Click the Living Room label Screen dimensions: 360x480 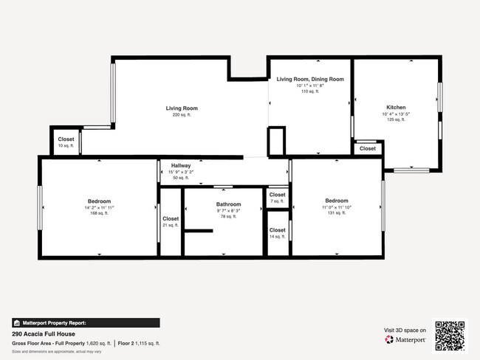point(181,108)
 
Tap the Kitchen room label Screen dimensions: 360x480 point(395,107)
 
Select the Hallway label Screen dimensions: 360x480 point(181,166)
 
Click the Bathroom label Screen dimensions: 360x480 point(228,204)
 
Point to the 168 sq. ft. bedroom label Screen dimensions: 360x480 point(99,202)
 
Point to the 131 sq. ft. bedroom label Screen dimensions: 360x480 point(336,201)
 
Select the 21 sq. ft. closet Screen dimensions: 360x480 point(171,219)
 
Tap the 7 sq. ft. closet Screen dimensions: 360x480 point(277,195)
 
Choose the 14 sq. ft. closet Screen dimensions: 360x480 point(277,231)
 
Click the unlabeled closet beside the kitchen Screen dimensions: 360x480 point(367,149)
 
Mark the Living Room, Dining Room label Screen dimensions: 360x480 point(310,79)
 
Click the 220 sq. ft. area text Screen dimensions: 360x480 point(181,115)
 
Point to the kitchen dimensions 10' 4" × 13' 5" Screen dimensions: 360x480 point(395,114)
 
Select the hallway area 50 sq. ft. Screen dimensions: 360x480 point(181,178)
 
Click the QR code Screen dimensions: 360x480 point(450,333)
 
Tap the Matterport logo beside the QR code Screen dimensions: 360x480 point(405,339)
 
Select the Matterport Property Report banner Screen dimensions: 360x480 point(85,323)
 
